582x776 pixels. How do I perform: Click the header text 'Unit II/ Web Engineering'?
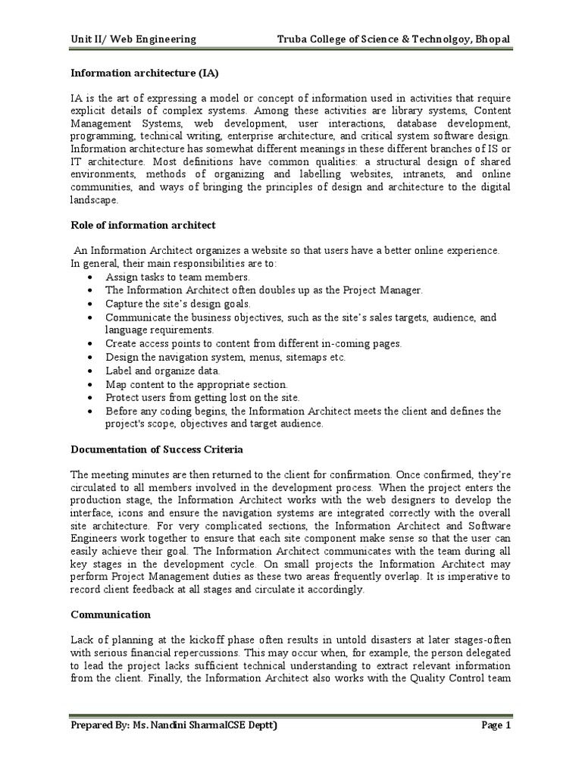click(x=133, y=39)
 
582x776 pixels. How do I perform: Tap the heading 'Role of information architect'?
click(x=143, y=225)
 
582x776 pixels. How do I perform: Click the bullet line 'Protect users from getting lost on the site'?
click(x=202, y=397)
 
